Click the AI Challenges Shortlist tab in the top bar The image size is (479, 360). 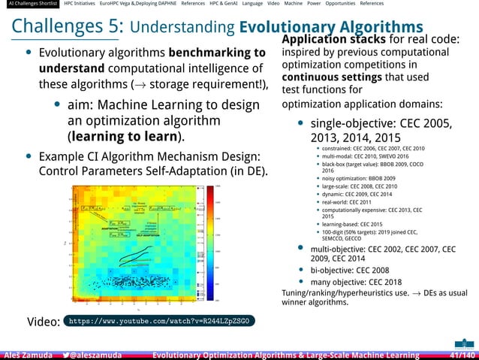(x=29, y=4)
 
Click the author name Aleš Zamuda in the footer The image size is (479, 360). (x=27, y=355)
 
